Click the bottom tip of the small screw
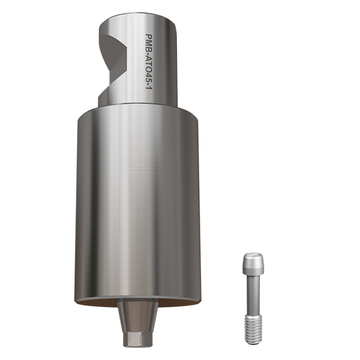tap(253, 339)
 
